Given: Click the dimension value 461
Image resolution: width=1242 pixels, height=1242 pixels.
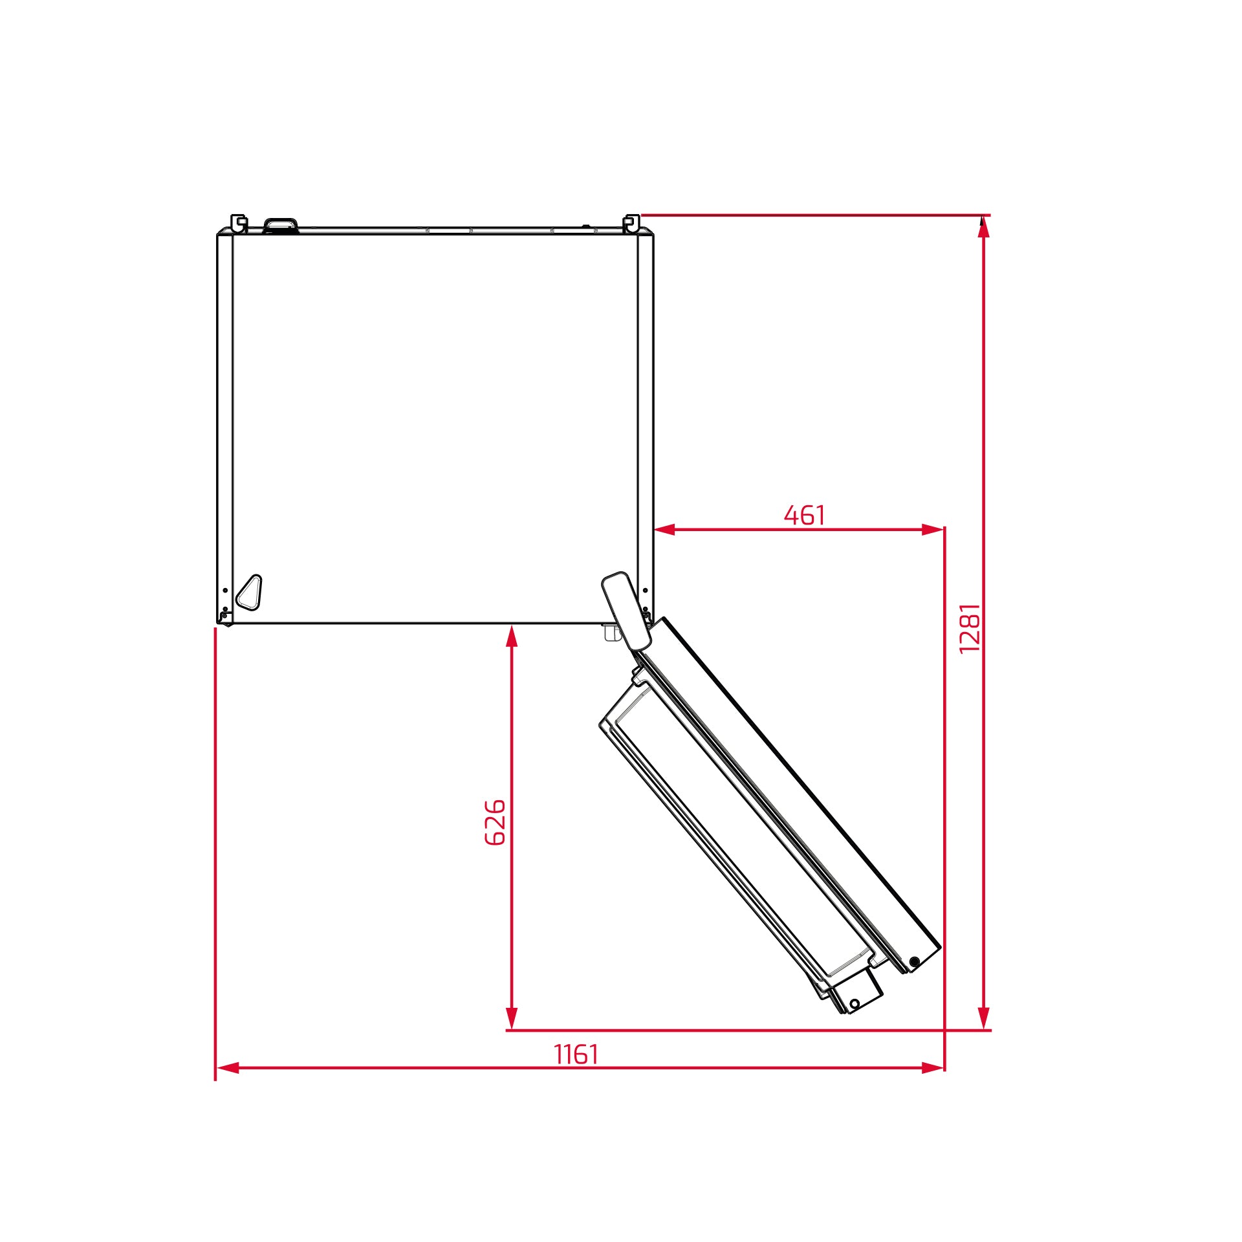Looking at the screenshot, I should [x=804, y=516].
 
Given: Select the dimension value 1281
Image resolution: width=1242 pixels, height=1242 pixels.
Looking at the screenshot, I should [x=970, y=628].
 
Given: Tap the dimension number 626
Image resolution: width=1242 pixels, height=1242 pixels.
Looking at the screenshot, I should [x=495, y=822].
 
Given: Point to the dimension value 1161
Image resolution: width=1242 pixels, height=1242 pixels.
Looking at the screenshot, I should [x=576, y=1054].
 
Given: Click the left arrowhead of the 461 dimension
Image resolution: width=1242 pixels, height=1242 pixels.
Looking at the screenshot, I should [x=664, y=530].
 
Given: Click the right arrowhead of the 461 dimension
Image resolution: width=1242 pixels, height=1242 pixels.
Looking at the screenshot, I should [x=933, y=530].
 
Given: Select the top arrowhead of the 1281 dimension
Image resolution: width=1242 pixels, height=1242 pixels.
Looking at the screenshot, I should [x=983, y=227].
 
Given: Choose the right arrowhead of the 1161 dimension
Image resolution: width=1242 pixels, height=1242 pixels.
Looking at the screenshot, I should [x=933, y=1068].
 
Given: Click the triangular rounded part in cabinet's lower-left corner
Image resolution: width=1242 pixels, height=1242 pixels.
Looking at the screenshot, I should [x=250, y=592].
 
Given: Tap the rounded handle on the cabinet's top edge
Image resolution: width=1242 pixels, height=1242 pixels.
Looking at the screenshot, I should [x=281, y=224].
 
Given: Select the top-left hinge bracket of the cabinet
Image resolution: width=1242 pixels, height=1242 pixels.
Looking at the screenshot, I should [x=239, y=223].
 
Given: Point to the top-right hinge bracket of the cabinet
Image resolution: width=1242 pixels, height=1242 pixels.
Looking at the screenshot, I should [x=631, y=223].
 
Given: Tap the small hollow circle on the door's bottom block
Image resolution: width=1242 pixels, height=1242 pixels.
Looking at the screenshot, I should [x=855, y=1004].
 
